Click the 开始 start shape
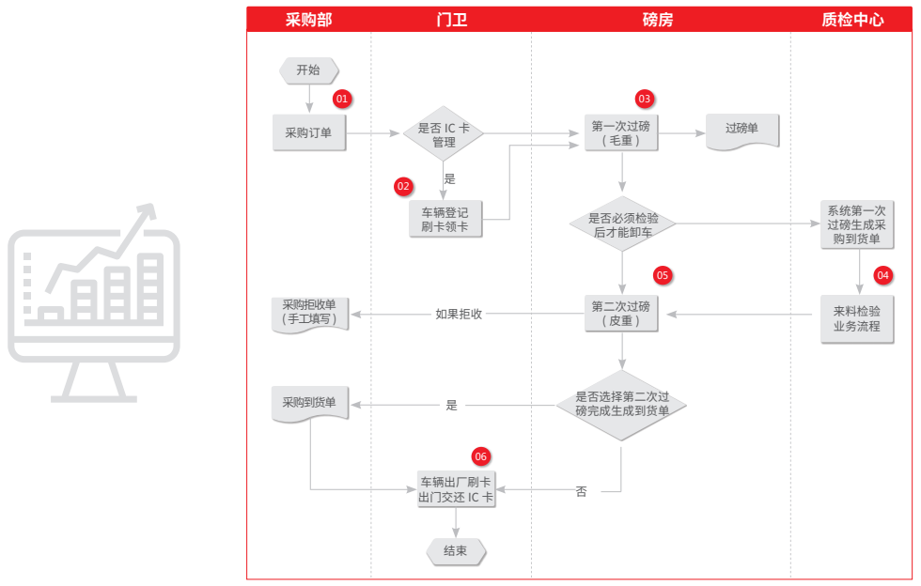308,69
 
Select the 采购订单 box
308,133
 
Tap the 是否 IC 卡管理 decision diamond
444,134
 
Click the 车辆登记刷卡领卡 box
445,219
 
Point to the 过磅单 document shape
741,131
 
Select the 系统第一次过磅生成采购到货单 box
854,224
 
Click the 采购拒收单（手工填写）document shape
309,313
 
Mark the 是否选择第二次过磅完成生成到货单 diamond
621,404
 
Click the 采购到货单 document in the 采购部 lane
309,404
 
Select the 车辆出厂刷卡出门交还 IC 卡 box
456,490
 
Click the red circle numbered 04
882,275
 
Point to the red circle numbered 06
481,456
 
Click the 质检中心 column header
851,20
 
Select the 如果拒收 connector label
459,314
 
